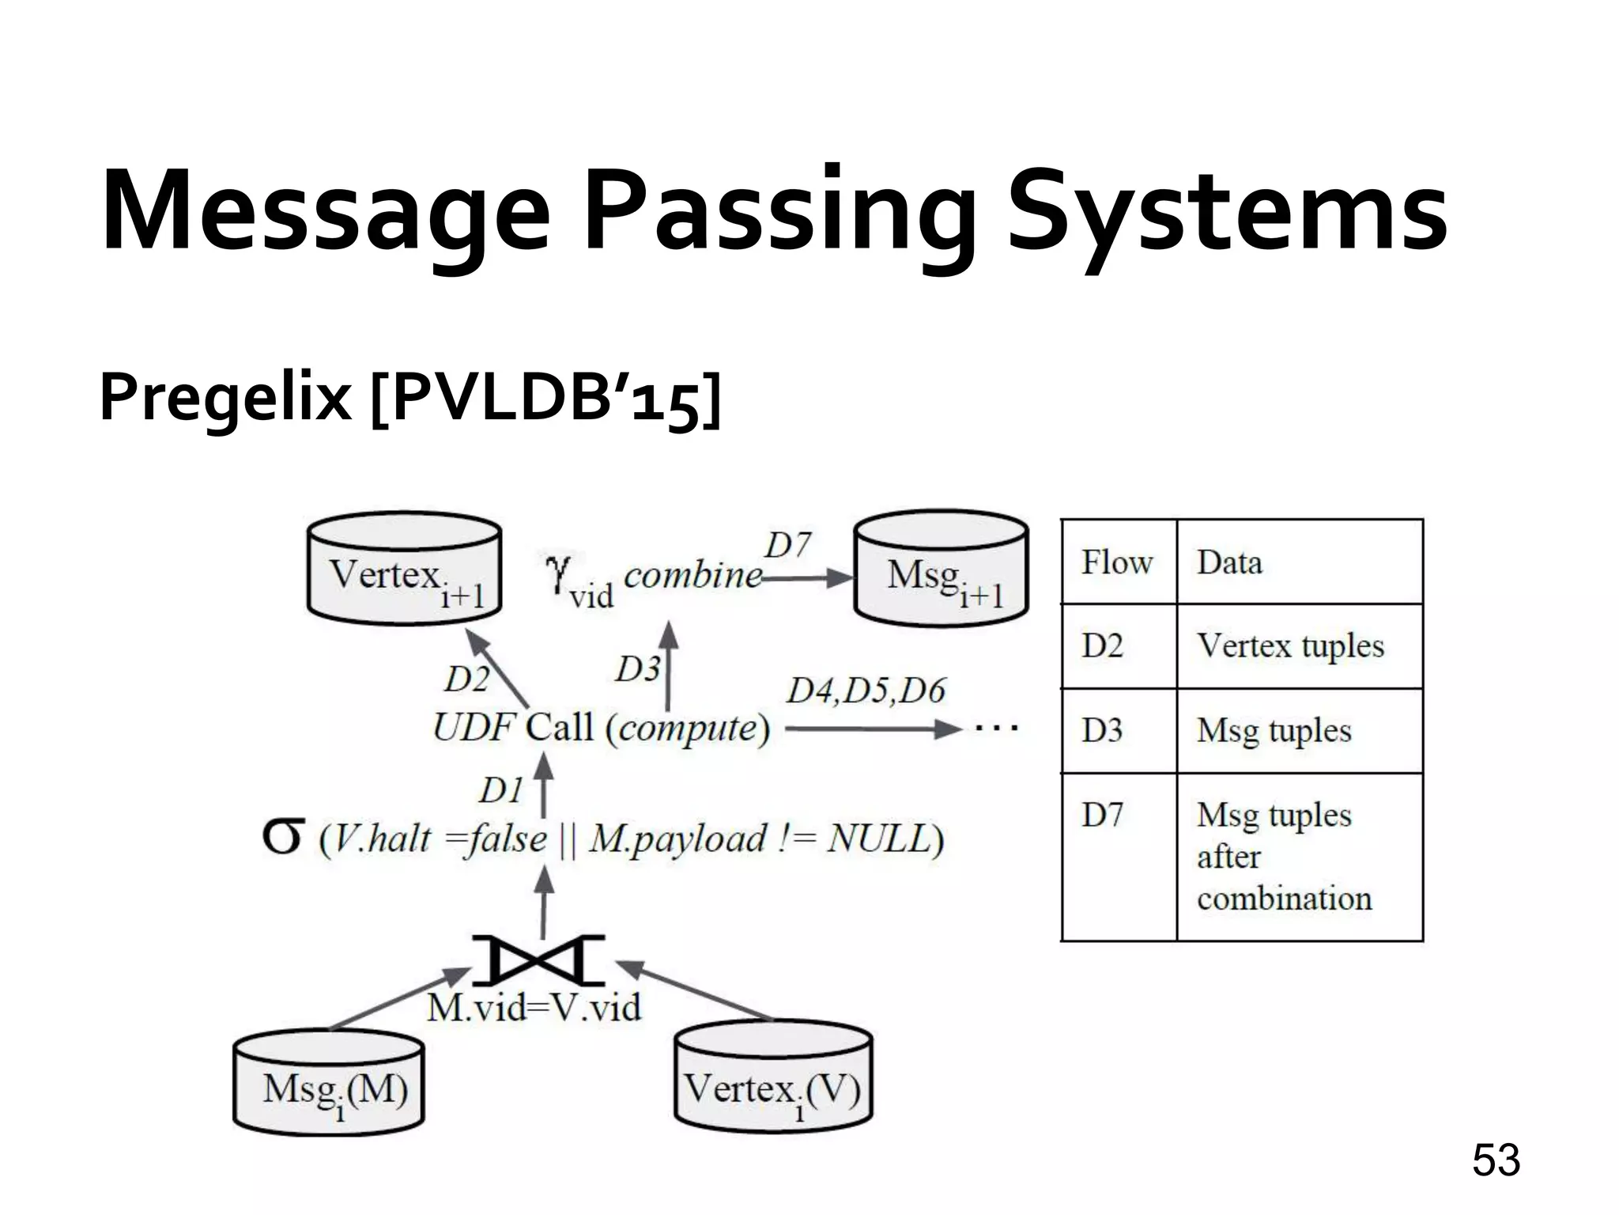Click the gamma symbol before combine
[x=558, y=571]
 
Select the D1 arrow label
[x=501, y=790]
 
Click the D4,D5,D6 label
[x=866, y=691]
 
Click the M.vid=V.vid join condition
[x=534, y=1008]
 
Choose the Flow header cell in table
[x=1116, y=562]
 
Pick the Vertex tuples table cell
[x=1290, y=645]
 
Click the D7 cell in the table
[x=1102, y=815]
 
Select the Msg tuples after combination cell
[x=1285, y=857]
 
